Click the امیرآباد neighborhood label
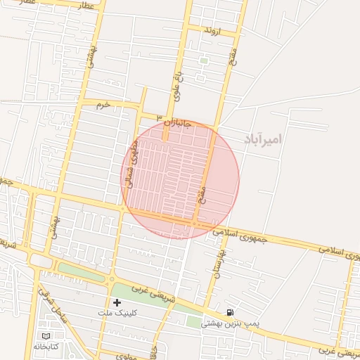click(262, 139)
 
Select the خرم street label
click(104, 104)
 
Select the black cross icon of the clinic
click(117, 302)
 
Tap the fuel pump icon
click(230, 312)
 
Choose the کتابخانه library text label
click(48, 346)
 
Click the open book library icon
click(46, 336)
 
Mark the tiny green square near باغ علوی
click(203, 61)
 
